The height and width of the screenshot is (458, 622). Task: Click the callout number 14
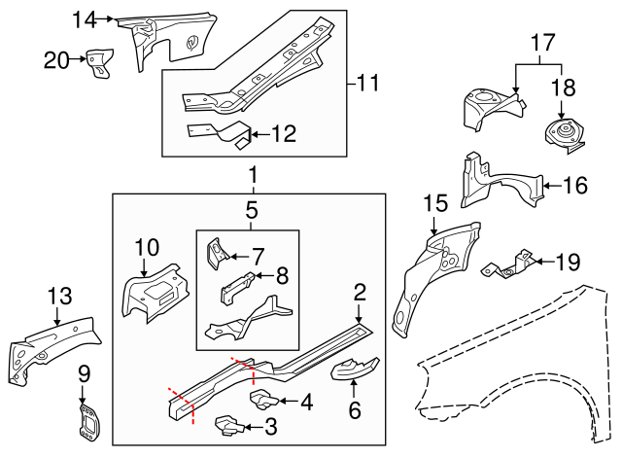tap(86, 18)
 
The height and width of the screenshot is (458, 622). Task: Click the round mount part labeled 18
tap(563, 133)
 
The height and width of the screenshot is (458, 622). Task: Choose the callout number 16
tap(575, 185)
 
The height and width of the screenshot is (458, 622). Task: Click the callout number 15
tap(435, 203)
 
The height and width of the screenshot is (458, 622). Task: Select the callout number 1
tap(252, 176)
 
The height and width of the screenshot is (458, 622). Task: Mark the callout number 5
tap(251, 209)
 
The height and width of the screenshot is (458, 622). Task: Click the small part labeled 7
tap(216, 255)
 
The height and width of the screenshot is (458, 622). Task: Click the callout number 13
tap(59, 296)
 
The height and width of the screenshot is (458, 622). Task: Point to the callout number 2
tap(360, 292)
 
